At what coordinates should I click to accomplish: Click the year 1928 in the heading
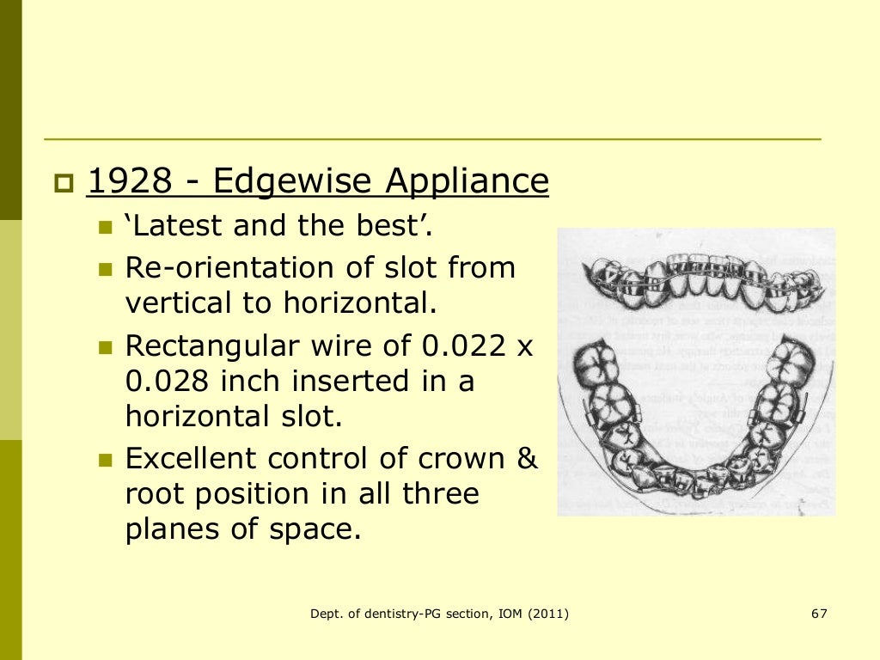[130, 181]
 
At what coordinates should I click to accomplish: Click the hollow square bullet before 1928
[64, 183]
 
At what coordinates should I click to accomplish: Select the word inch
[254, 381]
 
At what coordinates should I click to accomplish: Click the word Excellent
[191, 459]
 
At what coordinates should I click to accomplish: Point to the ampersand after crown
[526, 459]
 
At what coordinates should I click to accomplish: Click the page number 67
[818, 614]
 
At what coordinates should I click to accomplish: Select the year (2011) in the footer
[547, 614]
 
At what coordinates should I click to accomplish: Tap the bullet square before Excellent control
[106, 461]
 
